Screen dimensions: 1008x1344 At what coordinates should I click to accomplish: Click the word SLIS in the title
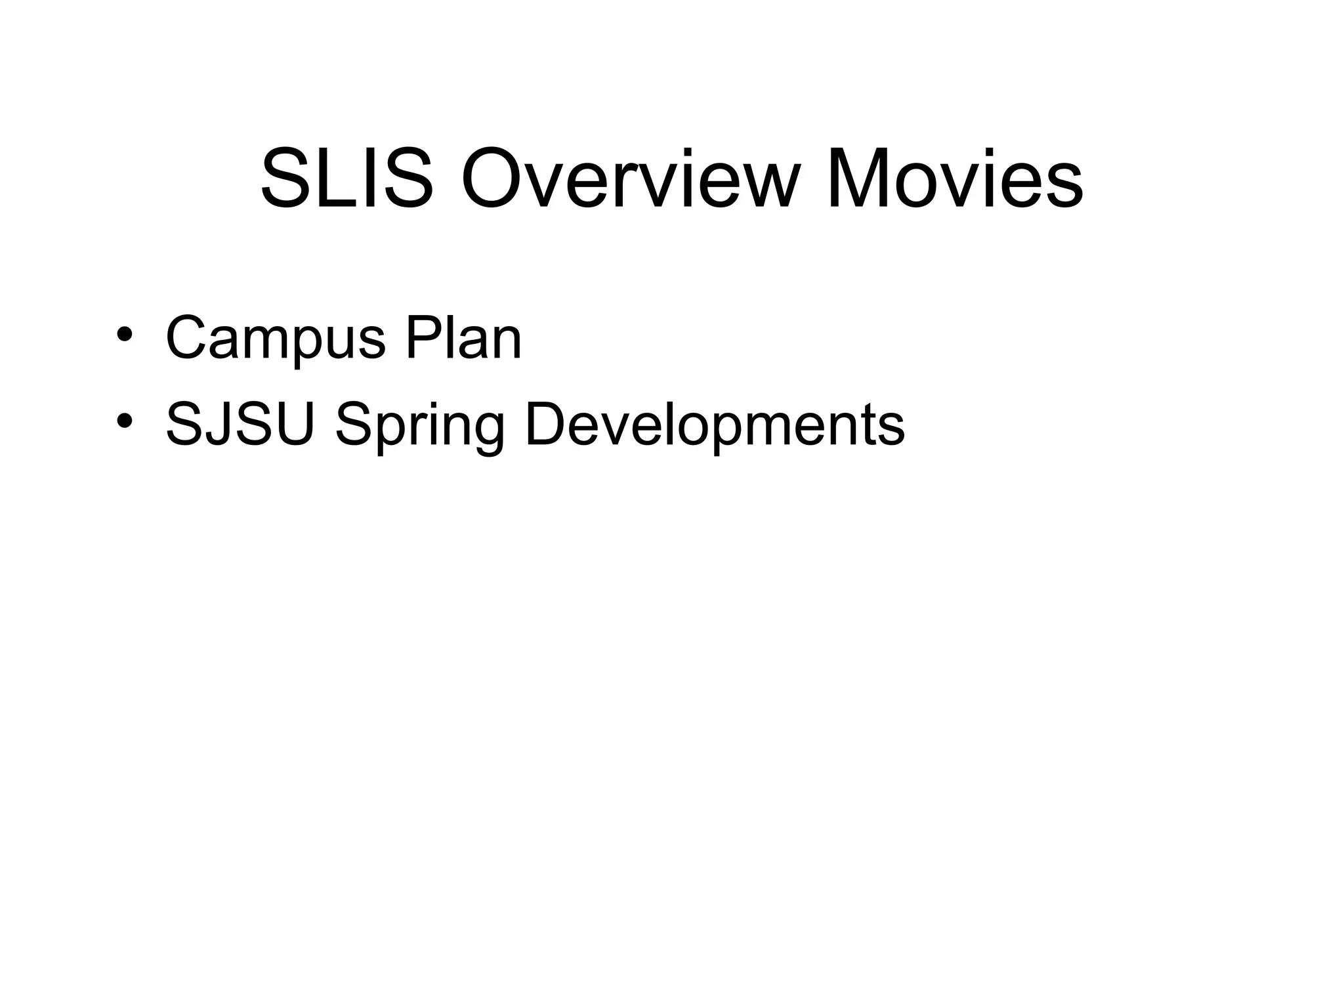click(x=346, y=178)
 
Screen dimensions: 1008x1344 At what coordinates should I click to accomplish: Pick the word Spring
click(x=420, y=427)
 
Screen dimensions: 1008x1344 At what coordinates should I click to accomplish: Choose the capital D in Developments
click(x=548, y=425)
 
